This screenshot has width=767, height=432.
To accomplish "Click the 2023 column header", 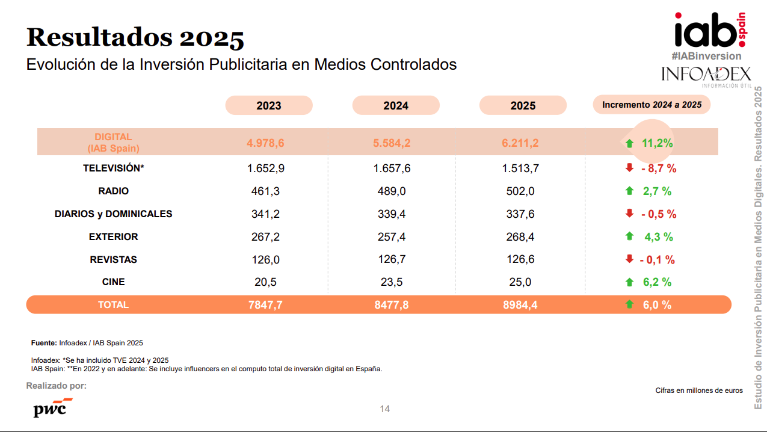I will [x=269, y=105].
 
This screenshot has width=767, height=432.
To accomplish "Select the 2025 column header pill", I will [x=523, y=105].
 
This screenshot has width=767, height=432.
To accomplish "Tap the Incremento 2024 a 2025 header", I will [x=651, y=105].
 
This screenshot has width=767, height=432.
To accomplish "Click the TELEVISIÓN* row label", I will [x=114, y=168].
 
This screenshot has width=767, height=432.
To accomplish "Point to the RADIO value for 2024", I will [x=392, y=191].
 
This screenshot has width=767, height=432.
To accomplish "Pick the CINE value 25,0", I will [x=520, y=282].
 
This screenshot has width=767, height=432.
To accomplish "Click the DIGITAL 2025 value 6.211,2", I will [x=520, y=143].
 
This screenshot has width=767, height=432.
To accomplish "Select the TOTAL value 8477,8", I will [x=392, y=305].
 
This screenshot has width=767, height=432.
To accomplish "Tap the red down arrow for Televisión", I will [x=630, y=168].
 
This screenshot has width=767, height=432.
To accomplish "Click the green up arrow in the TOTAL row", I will [x=630, y=304].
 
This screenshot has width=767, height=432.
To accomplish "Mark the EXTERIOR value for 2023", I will [x=265, y=237].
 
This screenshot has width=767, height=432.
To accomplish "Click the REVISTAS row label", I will [x=114, y=260].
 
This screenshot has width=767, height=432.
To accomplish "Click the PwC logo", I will [x=52, y=407].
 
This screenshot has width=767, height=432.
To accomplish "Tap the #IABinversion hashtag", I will [x=706, y=56].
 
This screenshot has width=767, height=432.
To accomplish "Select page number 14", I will [x=385, y=409].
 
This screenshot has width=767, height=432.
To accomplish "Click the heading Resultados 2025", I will [x=135, y=37].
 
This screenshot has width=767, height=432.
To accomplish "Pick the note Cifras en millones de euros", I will [x=699, y=390].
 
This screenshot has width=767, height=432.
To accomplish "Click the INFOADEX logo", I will [x=706, y=75].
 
